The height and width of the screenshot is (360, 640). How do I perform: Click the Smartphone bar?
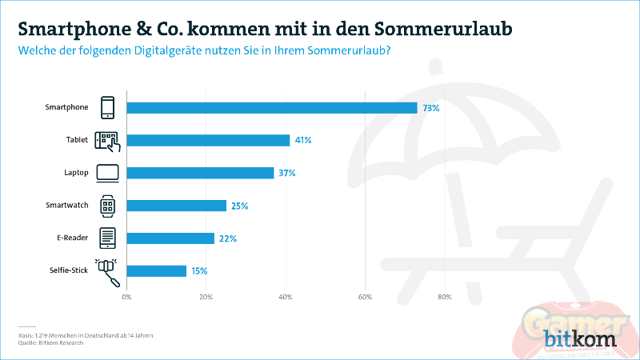click(272, 108)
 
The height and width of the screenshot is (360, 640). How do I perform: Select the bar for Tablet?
click(208, 140)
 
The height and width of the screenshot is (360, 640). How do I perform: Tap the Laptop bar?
click(200, 173)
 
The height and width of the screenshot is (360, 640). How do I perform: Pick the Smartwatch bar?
click(176, 206)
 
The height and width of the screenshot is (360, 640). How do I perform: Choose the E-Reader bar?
click(170, 238)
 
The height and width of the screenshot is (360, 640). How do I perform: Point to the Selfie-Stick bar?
click(156, 271)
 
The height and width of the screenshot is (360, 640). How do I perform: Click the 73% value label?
click(430, 108)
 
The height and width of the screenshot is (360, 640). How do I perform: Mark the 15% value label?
click(199, 271)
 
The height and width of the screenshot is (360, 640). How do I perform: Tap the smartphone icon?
click(107, 108)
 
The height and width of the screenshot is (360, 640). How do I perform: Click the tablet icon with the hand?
click(107, 141)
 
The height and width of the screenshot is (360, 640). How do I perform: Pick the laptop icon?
click(107, 173)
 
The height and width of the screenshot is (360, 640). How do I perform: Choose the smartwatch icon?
click(107, 206)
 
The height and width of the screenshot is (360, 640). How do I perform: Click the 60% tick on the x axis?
click(365, 297)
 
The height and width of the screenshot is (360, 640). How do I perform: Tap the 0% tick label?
click(126, 297)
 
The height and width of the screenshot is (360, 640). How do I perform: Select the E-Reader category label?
click(73, 238)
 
